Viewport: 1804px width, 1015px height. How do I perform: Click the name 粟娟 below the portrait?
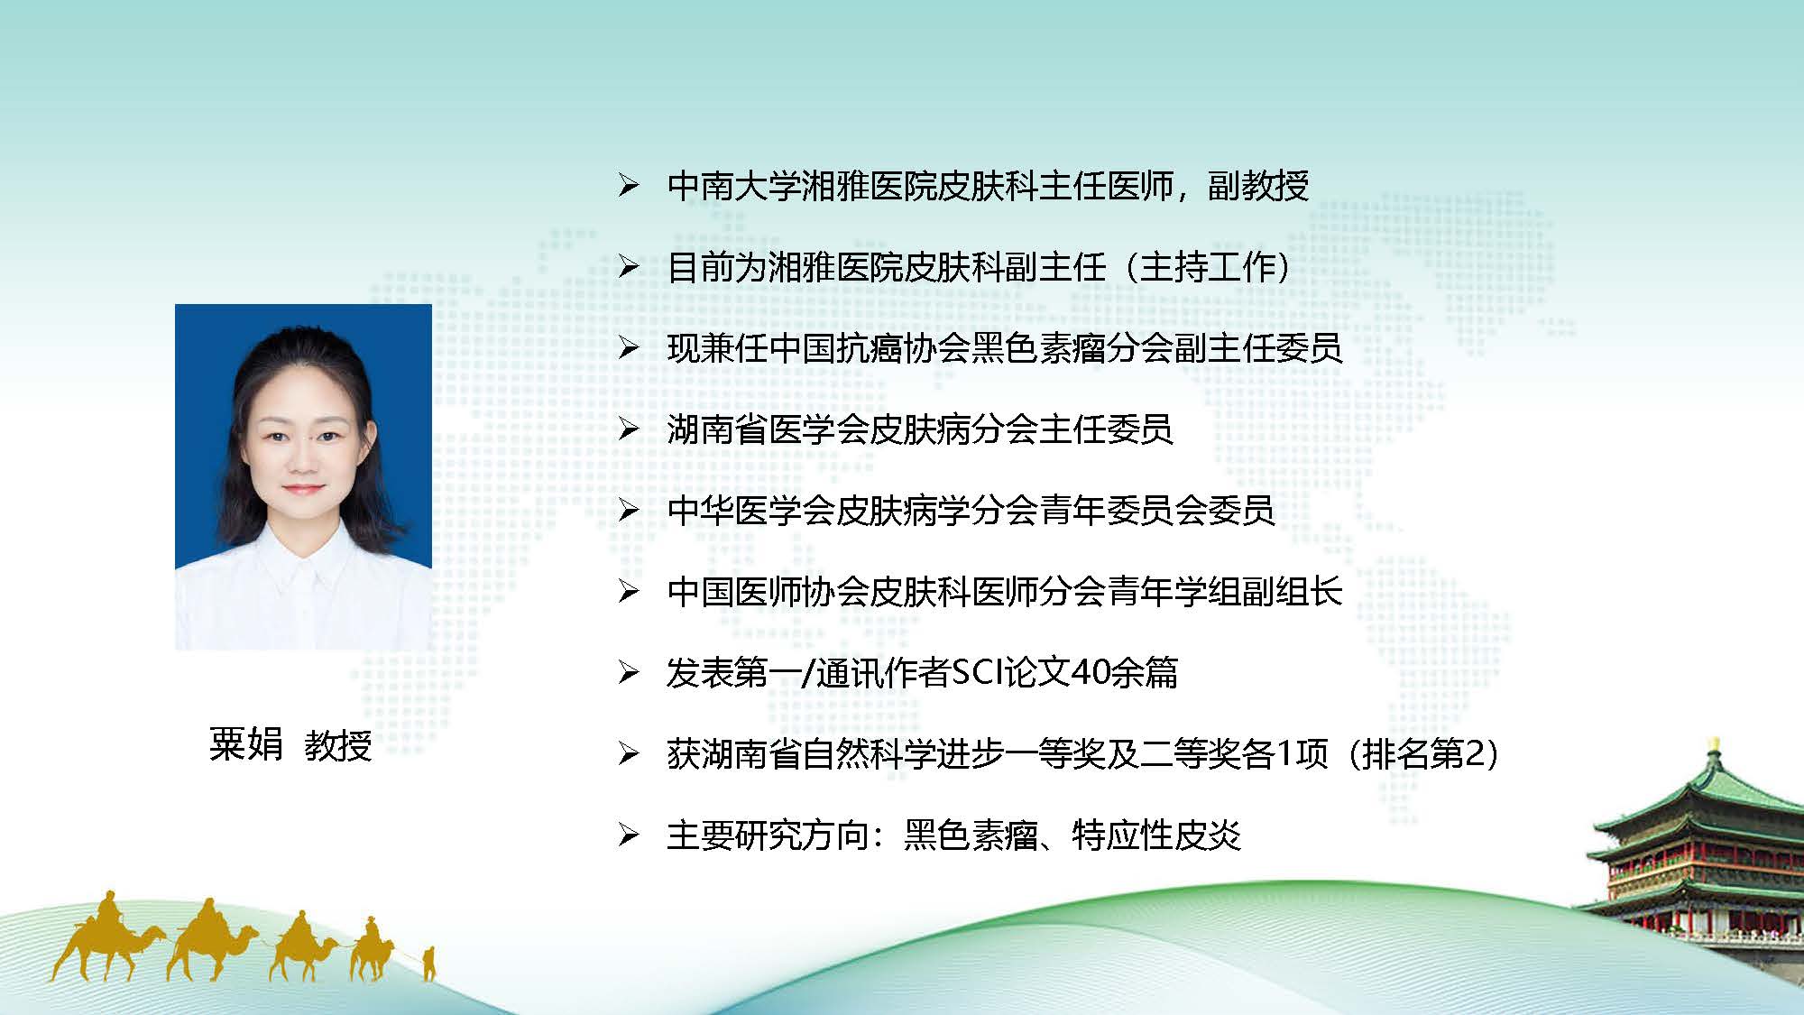pyautogui.click(x=245, y=745)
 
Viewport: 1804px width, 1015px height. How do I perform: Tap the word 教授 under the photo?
pyautogui.click(x=338, y=745)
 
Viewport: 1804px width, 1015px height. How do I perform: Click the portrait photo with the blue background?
pyautogui.click(x=303, y=476)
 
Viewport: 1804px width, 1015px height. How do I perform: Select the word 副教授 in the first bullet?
pyautogui.click(x=1258, y=186)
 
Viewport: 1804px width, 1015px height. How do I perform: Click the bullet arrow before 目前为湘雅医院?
pyautogui.click(x=629, y=267)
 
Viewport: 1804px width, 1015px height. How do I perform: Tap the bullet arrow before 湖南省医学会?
pyautogui.click(x=629, y=429)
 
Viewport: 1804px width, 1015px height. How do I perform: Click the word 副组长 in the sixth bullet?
pyautogui.click(x=1293, y=592)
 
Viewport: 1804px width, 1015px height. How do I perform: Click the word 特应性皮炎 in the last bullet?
pyautogui.click(x=1156, y=835)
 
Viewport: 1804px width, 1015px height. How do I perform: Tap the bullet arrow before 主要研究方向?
pyautogui.click(x=629, y=835)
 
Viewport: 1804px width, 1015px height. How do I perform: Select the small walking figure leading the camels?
pyautogui.click(x=428, y=963)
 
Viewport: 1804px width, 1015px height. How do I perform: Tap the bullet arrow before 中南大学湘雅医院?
pyautogui.click(x=629, y=186)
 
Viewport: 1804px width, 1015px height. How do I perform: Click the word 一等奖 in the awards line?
pyautogui.click(x=1055, y=754)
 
